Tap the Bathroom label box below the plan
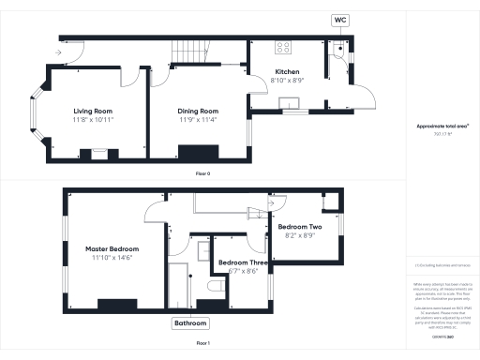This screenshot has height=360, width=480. coord(189,323)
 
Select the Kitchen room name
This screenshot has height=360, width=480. coord(286,72)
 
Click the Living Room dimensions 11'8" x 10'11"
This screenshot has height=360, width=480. coord(94,120)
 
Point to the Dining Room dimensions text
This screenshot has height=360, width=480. coord(198,120)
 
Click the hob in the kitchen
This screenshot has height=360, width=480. coord(281,47)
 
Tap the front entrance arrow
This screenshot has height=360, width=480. coord(59,52)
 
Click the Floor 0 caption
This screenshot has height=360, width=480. coord(202,174)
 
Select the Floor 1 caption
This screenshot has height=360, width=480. coord(202,344)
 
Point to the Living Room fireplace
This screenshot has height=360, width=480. coord(97,154)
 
